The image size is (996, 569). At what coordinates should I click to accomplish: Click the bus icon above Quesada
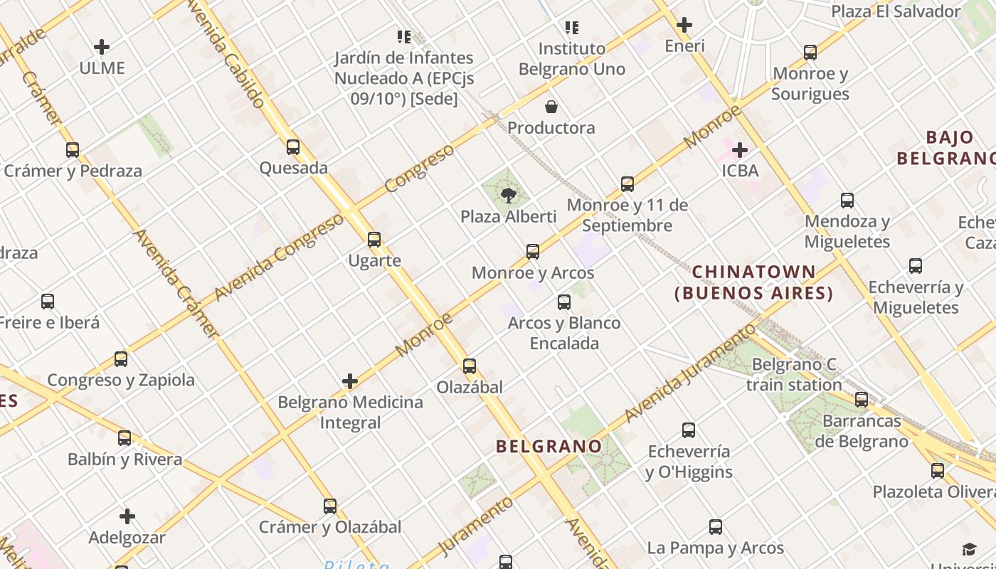(293, 147)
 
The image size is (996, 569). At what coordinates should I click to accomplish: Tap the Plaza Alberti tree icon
(508, 195)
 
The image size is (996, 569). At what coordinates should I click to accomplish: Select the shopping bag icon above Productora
(551, 107)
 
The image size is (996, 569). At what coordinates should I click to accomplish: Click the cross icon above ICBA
(740, 150)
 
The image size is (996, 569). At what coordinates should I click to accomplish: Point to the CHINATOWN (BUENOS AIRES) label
(754, 282)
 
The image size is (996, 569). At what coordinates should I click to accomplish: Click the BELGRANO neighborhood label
(549, 447)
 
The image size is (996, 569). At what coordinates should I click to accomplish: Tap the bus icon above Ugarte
(374, 240)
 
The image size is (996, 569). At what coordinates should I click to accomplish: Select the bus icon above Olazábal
(470, 366)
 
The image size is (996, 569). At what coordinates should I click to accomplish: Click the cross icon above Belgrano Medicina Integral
(350, 381)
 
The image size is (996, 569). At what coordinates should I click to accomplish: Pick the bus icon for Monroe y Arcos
(533, 251)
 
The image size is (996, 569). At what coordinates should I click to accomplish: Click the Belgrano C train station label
(794, 375)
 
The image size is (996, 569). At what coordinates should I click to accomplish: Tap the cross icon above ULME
(102, 48)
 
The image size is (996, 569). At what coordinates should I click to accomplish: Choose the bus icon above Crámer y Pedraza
(73, 150)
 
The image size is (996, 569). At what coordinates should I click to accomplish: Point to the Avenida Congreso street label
(279, 257)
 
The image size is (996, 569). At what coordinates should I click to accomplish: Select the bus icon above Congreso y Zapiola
(121, 359)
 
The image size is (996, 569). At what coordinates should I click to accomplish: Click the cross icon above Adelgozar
(127, 516)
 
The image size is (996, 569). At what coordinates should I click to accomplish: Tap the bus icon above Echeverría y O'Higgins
(689, 430)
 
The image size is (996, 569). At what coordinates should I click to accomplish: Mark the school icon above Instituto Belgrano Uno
(572, 28)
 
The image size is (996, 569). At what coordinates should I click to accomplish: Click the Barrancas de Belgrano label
(862, 431)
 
